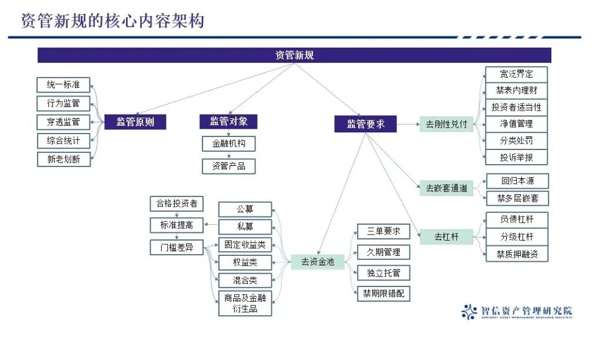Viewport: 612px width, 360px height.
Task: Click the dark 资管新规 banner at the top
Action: (294, 55)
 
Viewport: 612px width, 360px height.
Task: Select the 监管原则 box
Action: (135, 122)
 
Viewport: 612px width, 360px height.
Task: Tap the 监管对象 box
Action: (228, 121)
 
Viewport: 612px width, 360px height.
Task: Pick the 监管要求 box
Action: (365, 124)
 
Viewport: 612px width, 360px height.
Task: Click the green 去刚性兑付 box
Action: (446, 124)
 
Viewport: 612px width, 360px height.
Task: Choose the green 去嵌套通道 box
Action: (447, 189)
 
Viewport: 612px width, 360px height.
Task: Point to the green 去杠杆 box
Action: (446, 237)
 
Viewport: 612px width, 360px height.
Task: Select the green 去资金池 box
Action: (317, 262)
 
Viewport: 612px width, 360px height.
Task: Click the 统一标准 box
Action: (64, 85)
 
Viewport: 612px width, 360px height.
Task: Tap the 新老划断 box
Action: (64, 159)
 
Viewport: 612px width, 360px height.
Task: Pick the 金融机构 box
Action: (228, 144)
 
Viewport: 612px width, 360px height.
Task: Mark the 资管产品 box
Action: (228, 166)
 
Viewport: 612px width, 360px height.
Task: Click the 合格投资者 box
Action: (177, 204)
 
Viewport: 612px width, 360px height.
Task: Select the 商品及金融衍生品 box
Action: (245, 304)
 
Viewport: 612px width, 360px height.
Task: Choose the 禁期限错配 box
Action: (384, 294)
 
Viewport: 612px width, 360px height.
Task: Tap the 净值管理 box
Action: (516, 124)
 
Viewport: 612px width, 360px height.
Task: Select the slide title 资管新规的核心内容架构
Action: (112, 21)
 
